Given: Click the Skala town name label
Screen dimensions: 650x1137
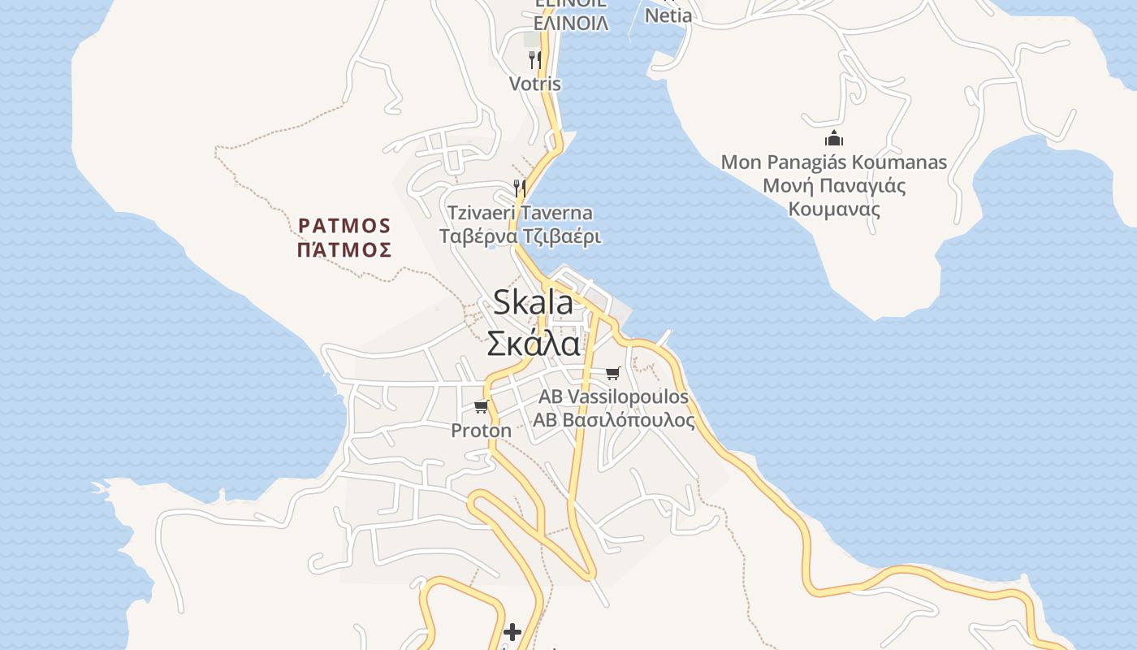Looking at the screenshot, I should pos(533,303).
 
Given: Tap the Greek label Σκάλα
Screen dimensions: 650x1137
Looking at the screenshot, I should pos(534,344).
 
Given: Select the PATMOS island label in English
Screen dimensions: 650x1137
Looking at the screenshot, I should pos(344,225).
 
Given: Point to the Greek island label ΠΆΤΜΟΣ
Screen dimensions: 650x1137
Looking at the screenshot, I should pos(344,249).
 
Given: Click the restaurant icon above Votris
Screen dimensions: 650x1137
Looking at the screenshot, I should pos(535,59).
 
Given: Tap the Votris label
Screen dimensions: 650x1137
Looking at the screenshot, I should pos(534,84).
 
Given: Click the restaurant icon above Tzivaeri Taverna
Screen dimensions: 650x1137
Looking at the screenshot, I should pos(520,188).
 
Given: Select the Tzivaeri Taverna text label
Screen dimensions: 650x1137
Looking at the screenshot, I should pos(520,213).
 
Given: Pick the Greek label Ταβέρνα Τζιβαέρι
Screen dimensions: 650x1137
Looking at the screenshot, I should pos(520,236).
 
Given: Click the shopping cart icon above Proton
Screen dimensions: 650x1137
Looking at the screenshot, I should pos(482,406).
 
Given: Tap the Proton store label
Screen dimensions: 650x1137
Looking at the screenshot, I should pos(482,431).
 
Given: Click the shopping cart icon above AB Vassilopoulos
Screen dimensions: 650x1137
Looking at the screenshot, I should pos(613,373).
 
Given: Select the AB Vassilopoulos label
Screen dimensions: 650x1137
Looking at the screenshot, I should pos(613,396).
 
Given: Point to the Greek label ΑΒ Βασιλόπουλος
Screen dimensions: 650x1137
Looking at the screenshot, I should pos(613,421).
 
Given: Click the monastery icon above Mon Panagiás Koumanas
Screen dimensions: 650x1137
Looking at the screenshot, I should pos(834,138).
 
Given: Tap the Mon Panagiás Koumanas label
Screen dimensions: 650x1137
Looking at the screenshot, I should pos(834,162).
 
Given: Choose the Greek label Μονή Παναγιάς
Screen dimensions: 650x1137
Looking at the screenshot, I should pos(834,185).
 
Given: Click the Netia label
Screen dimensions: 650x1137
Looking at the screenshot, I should pos(668,15).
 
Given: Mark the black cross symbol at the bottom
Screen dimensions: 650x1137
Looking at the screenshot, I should pos(512,631).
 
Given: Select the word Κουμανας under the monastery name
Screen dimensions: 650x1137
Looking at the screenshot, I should pos(834,209).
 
